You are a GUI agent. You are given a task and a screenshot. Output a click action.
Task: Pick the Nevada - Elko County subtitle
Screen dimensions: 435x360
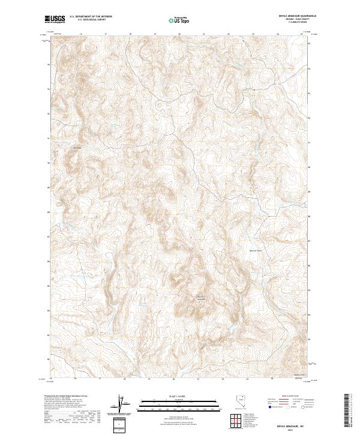click(x=298, y=20)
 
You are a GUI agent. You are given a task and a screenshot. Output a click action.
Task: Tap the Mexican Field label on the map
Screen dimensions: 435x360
click(x=256, y=250)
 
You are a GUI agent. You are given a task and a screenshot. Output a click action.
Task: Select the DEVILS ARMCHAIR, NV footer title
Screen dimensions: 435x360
click(x=290, y=425)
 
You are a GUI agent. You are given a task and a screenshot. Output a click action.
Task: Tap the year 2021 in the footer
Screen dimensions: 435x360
click(x=290, y=430)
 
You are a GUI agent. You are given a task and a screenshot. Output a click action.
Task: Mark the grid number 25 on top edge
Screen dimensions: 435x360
click(x=302, y=34)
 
